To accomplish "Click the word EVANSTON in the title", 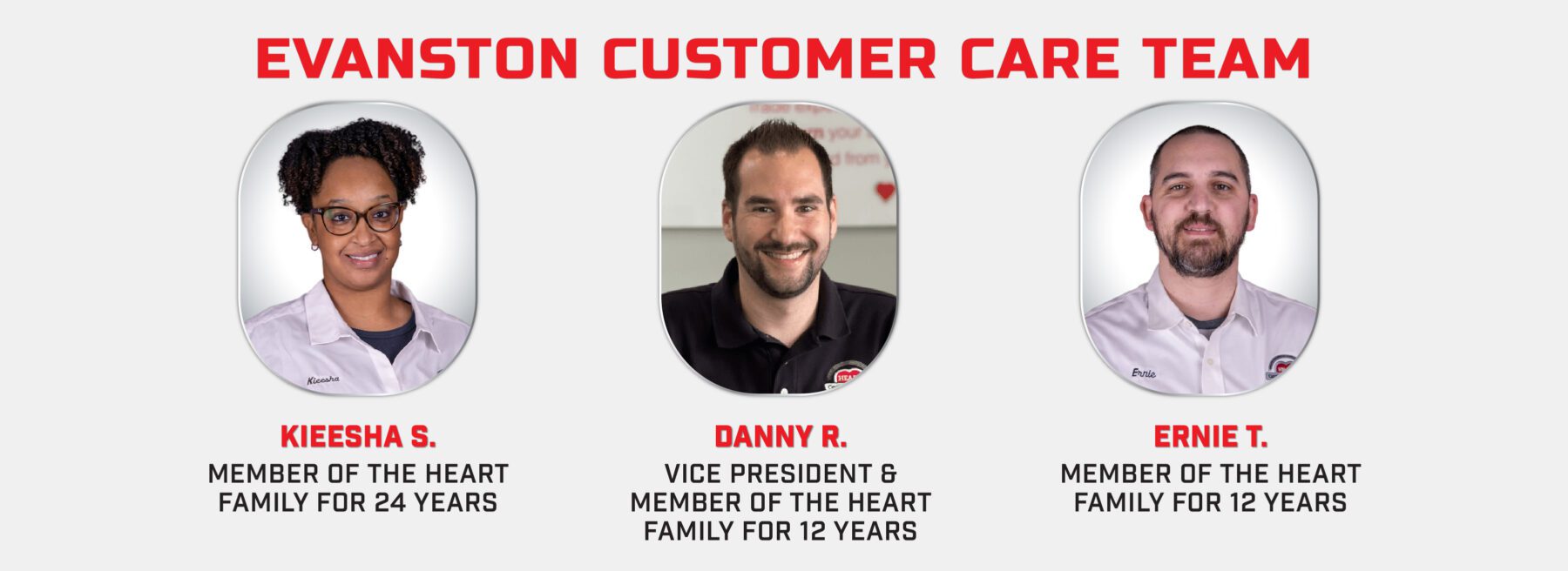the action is point(417,59).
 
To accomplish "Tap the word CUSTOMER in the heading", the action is point(770,59).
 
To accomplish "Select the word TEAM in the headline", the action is point(1227,59).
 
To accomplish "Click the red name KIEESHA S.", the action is point(358,436).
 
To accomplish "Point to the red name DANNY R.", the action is point(781,436).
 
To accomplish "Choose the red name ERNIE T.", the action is point(1210,436).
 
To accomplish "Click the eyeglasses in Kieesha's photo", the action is point(357,218).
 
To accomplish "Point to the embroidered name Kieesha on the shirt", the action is point(323,380).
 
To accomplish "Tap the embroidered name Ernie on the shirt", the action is point(1144,373).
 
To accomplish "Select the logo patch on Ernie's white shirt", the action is point(1281,367).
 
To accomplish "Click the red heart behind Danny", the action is point(885,191).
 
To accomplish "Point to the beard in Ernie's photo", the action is point(1200,247).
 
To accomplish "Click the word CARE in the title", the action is point(1040,59).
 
